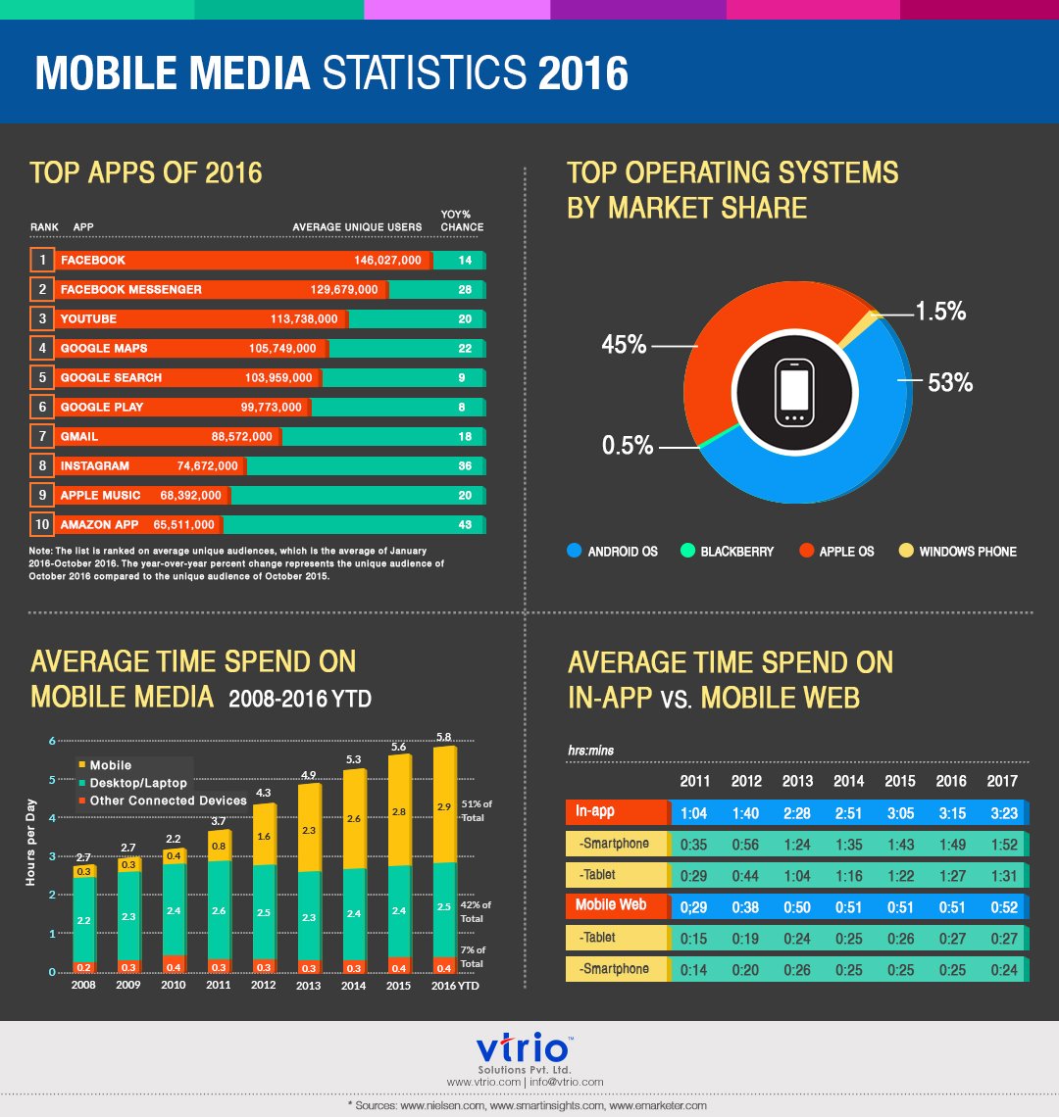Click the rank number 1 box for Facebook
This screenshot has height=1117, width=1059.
pyautogui.click(x=42, y=261)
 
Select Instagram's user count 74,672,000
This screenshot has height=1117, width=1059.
pyautogui.click(x=201, y=465)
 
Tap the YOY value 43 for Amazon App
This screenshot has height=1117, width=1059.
pyautogui.click(x=465, y=525)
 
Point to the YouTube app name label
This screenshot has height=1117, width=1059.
pyautogui.click(x=88, y=319)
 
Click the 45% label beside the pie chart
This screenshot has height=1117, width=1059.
pyautogui.click(x=624, y=345)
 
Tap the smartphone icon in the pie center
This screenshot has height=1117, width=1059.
pyautogui.click(x=793, y=392)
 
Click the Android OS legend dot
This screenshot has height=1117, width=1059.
pyautogui.click(x=575, y=552)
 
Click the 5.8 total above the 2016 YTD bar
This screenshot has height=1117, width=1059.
pyautogui.click(x=444, y=736)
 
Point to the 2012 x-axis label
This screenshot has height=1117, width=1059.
pyautogui.click(x=263, y=986)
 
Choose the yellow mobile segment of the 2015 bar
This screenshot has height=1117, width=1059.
pyautogui.click(x=399, y=811)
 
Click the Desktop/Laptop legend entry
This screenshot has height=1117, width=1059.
pyautogui.click(x=138, y=783)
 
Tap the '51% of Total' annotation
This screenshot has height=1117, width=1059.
pyautogui.click(x=477, y=809)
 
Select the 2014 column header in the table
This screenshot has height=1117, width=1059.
pyautogui.click(x=848, y=782)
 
